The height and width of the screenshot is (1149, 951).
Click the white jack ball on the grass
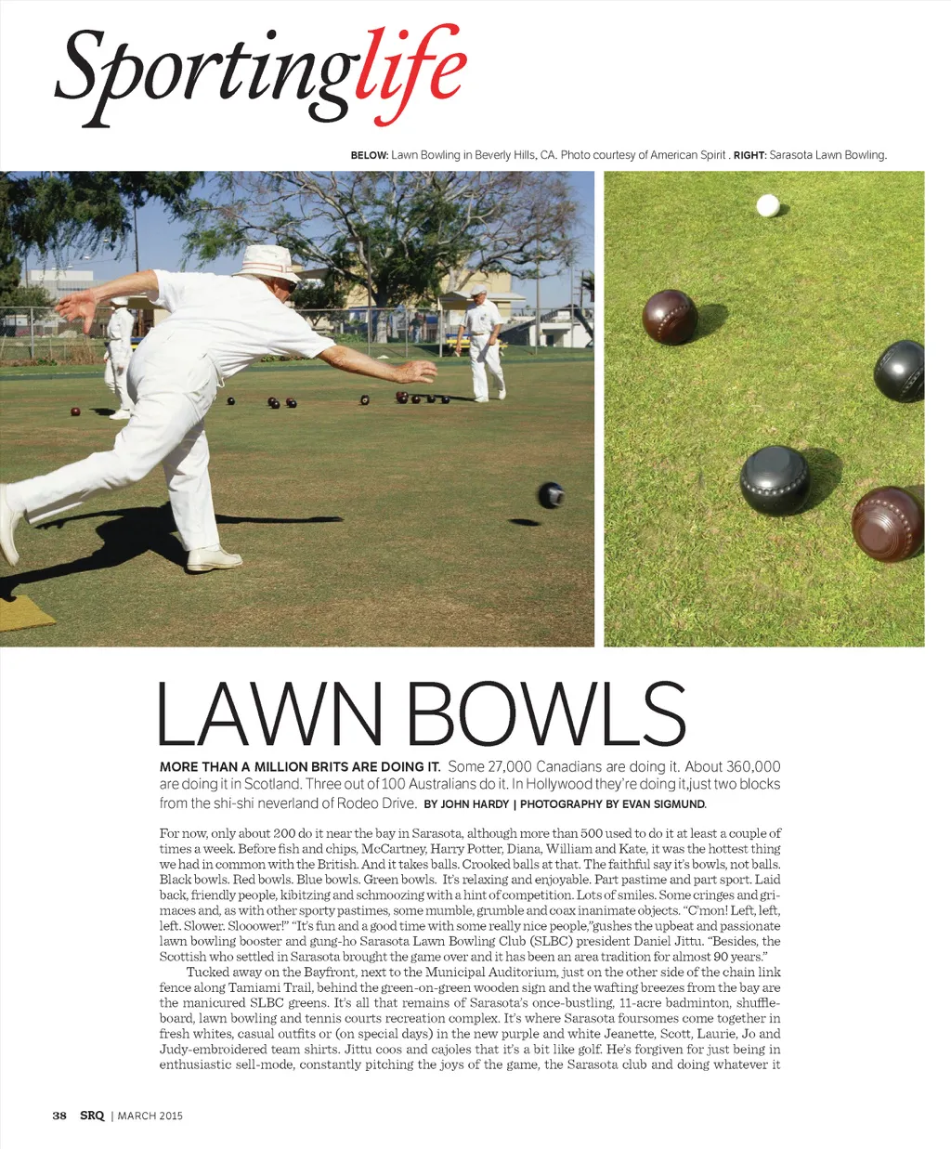[767, 205]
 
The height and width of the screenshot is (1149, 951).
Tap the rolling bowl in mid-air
[551, 495]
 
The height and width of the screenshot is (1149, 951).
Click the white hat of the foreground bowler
[267, 263]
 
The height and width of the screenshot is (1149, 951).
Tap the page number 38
[59, 1116]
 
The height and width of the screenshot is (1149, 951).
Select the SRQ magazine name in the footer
[92, 1116]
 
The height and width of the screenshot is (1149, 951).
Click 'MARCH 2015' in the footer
[150, 1116]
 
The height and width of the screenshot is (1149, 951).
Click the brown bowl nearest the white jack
[670, 317]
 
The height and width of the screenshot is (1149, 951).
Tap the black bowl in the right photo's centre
[775, 480]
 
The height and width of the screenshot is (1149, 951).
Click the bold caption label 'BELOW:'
[369, 155]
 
